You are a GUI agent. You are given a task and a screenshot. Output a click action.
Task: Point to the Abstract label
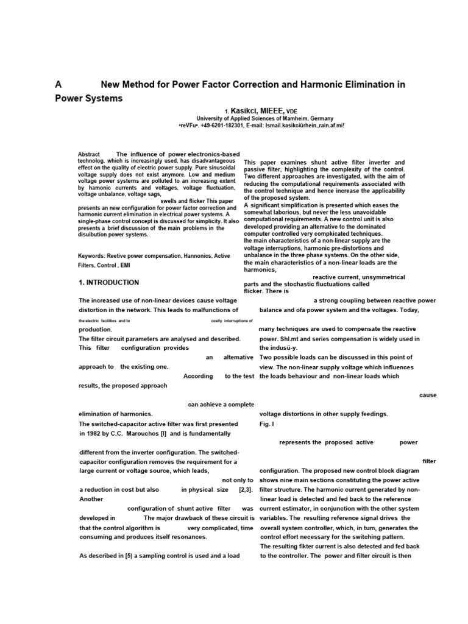(90, 154)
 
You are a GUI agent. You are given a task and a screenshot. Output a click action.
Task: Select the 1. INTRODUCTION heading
(109, 283)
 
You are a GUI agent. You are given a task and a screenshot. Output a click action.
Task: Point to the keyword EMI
(124, 265)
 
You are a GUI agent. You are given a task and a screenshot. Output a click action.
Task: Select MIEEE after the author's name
(272, 110)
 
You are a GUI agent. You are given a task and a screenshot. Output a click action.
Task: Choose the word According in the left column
(198, 377)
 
